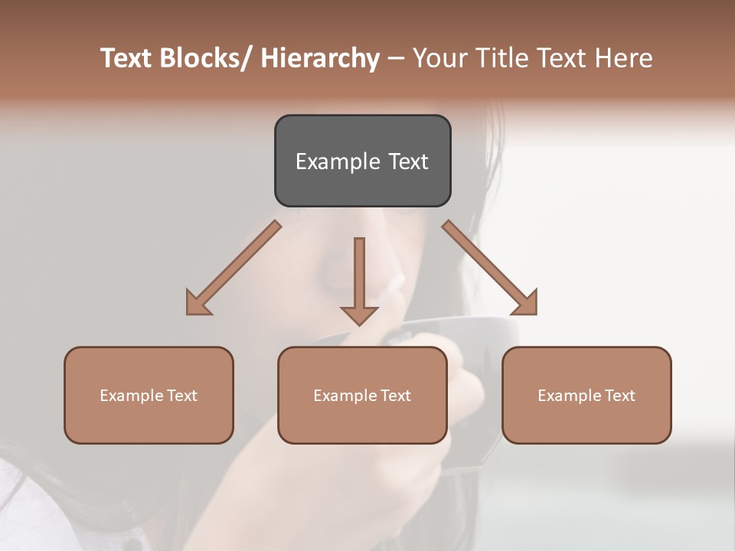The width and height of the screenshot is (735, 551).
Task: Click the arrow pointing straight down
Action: coord(359,279)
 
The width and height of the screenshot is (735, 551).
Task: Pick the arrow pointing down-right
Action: coord(490,268)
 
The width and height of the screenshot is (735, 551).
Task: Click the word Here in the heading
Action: coord(626,59)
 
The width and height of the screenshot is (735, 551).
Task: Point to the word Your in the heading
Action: coord(438,59)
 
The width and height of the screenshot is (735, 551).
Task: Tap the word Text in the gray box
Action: coord(407,161)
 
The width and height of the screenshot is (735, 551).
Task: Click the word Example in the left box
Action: coord(131,396)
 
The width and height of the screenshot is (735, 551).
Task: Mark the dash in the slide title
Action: coord(396,59)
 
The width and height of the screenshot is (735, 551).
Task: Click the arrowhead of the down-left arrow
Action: coord(198,304)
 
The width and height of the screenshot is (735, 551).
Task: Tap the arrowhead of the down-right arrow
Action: coord(524,303)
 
